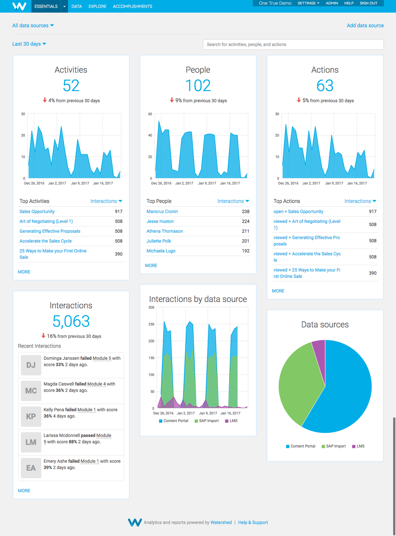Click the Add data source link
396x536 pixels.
click(x=365, y=25)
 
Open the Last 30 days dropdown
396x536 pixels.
click(x=29, y=44)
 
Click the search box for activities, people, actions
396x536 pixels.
click(x=293, y=45)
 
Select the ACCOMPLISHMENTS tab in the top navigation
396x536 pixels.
click(x=132, y=6)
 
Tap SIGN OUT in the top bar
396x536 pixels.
click(x=368, y=3)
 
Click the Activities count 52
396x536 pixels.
click(x=71, y=86)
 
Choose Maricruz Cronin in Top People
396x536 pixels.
click(x=162, y=212)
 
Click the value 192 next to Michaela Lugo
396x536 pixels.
click(x=246, y=251)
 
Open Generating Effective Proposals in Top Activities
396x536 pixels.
click(x=50, y=231)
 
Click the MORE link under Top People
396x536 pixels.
click(x=151, y=265)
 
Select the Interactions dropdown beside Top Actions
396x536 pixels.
click(x=360, y=201)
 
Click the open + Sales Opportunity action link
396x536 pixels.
click(x=298, y=212)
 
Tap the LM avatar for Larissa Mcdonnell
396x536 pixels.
click(x=31, y=442)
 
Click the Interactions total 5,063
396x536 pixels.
click(x=71, y=321)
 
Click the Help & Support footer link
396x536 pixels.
click(x=253, y=522)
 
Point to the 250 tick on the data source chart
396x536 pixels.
click(x=151, y=324)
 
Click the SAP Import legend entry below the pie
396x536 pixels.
click(x=334, y=446)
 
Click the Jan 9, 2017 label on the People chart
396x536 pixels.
click(x=207, y=183)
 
